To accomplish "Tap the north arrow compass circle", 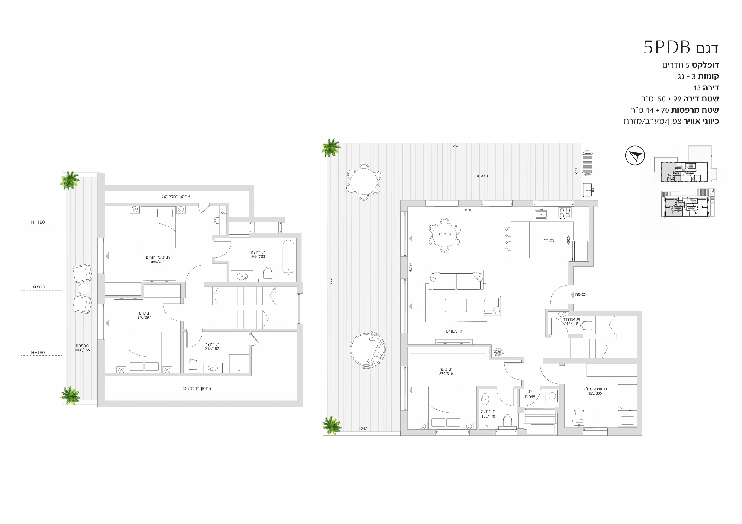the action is click(635, 155).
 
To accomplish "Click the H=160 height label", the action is click(38, 222).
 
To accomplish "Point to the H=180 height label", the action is click(38, 353).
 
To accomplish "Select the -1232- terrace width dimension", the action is click(455, 146).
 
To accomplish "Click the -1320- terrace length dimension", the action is click(330, 281).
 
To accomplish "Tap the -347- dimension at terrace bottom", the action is click(364, 428).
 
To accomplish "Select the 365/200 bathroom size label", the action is click(258, 257).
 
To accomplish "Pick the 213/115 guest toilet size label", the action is click(571, 324).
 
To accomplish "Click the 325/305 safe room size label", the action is click(595, 393).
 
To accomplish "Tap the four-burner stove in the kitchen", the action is click(565, 213).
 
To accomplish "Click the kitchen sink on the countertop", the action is click(541, 214).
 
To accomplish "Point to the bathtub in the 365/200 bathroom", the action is click(289, 257).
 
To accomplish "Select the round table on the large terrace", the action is click(364, 181).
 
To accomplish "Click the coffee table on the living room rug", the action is click(456, 305).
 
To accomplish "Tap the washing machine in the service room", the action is click(552, 396).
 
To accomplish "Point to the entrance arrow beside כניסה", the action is click(572, 295).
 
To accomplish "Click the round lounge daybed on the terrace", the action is click(368, 350).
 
